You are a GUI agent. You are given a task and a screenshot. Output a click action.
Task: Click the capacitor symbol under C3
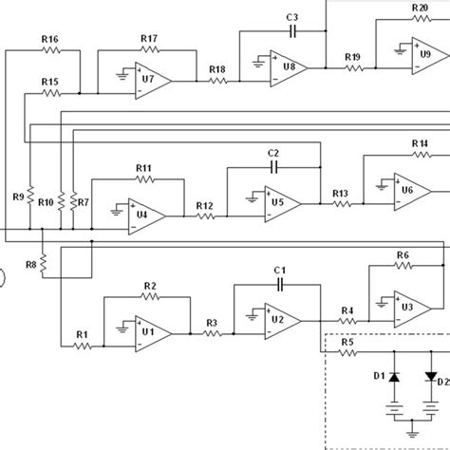[292, 31]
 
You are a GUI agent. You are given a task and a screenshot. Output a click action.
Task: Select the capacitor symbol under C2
[273, 166]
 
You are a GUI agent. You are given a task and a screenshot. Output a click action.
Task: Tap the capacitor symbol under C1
[279, 284]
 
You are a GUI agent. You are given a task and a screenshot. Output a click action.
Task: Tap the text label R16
[50, 39]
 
